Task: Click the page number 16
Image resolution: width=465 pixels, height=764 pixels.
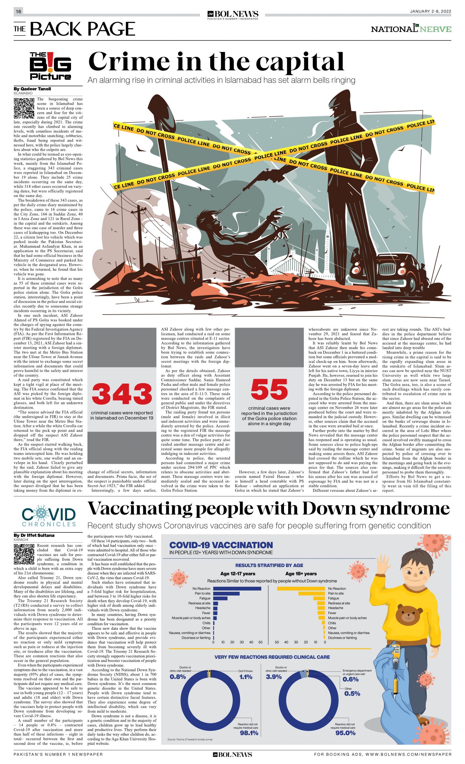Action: (18, 11)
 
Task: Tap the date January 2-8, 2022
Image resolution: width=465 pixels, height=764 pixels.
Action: (430, 11)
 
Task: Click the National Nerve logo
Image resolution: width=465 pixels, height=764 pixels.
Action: (411, 29)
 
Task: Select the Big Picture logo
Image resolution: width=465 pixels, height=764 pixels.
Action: (50, 66)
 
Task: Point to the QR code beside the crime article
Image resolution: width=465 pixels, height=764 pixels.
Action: (24, 108)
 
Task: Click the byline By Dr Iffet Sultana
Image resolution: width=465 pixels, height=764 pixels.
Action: (34, 535)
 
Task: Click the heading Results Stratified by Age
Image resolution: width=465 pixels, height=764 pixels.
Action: (269, 565)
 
